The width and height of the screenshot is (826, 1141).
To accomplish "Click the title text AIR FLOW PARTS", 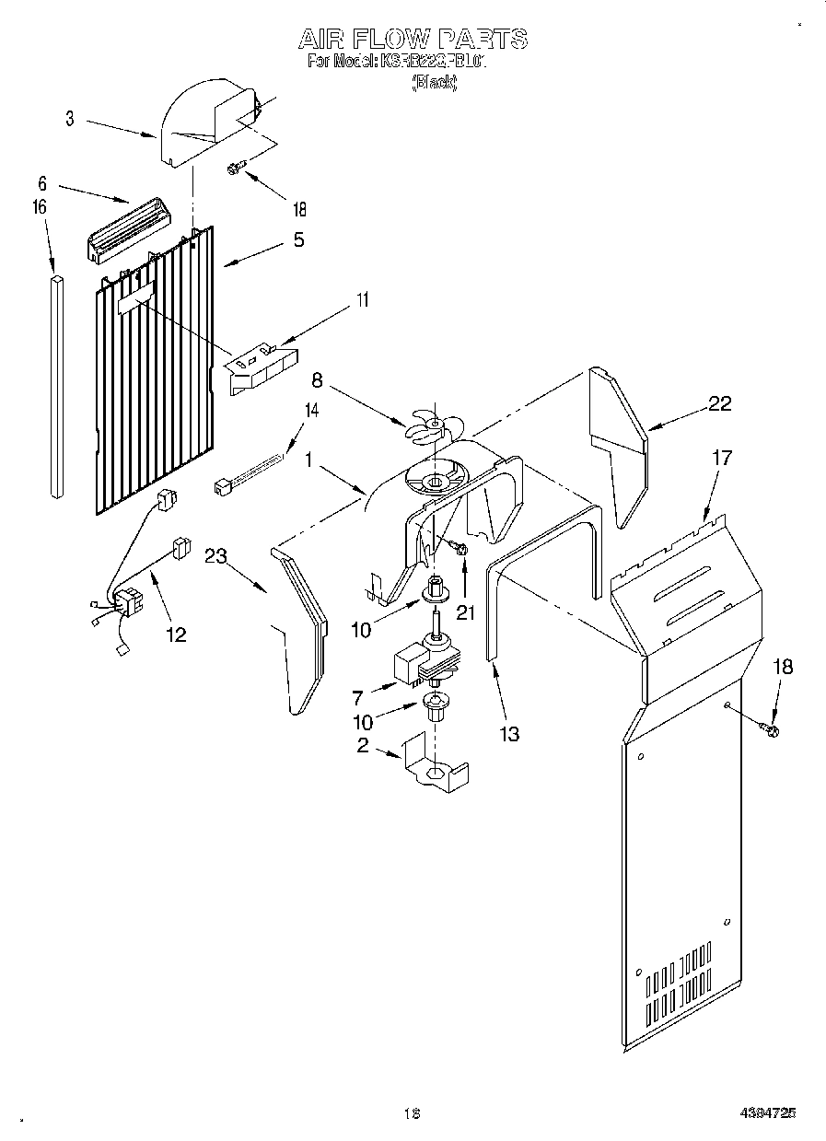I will point(413,39).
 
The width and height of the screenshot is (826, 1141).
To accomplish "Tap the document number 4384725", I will point(766,1113).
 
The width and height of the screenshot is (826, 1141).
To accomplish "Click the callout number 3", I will point(70,119).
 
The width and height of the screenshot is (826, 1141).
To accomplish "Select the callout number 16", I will point(39,208).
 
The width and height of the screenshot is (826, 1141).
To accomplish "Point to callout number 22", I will point(720,402).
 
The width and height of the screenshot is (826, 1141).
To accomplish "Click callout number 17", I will point(723,458).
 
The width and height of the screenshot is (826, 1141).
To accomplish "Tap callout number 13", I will point(508,734).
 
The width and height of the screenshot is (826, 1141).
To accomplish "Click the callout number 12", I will point(175,634).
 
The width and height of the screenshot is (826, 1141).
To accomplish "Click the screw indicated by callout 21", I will point(460,550).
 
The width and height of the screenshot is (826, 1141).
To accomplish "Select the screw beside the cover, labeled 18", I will point(769,730).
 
